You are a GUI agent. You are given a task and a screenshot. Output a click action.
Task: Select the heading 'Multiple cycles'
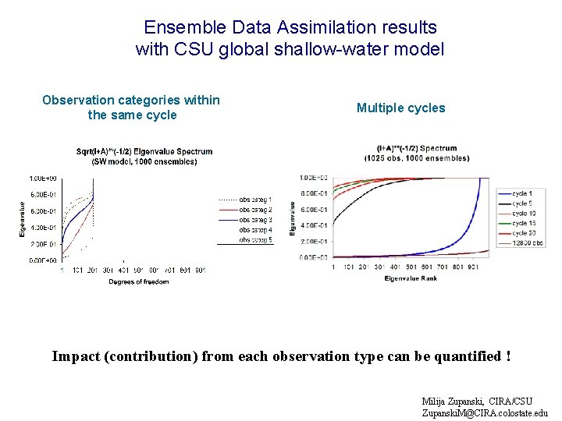400,108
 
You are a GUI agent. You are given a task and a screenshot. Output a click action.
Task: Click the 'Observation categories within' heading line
131,100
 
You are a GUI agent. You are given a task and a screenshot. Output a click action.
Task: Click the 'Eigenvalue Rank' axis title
411,278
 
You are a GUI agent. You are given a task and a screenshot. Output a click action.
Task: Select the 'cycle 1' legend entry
521,193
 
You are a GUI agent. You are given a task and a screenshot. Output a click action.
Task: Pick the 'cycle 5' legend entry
521,203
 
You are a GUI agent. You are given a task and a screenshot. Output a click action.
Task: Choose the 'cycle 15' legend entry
523,223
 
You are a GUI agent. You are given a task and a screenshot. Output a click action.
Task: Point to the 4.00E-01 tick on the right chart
314,225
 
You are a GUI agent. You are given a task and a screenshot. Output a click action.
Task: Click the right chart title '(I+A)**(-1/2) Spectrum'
416,148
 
